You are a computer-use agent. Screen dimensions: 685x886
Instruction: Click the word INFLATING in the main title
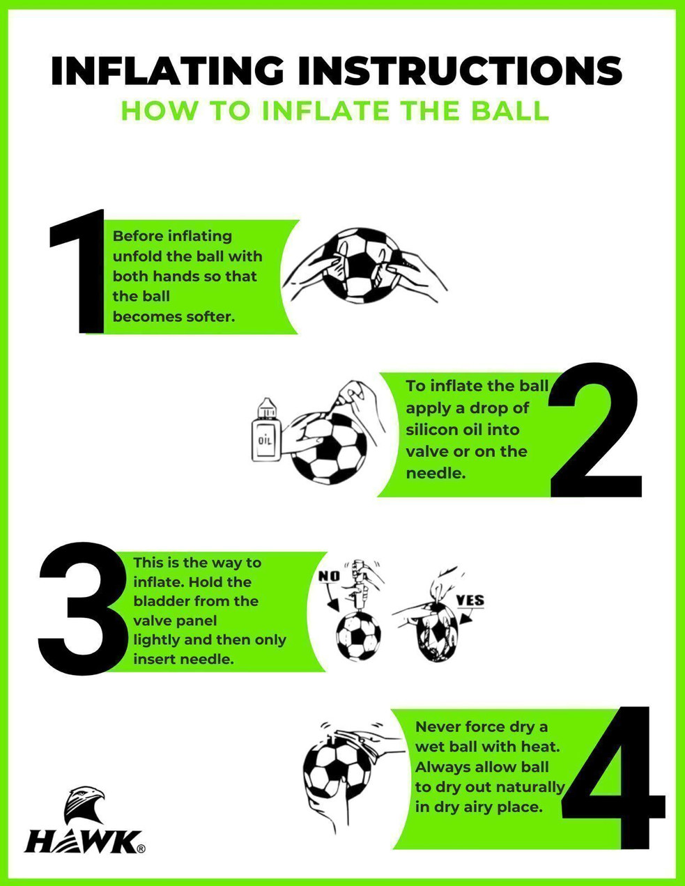[167, 70]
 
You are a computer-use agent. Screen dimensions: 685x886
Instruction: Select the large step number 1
[77, 271]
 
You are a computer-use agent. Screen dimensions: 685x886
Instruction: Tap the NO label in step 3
[329, 576]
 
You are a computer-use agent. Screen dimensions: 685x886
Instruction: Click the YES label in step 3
[470, 600]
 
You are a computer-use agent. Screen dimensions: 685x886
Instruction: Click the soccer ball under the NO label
[358, 637]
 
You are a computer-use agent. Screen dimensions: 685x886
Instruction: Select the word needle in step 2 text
[436, 474]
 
